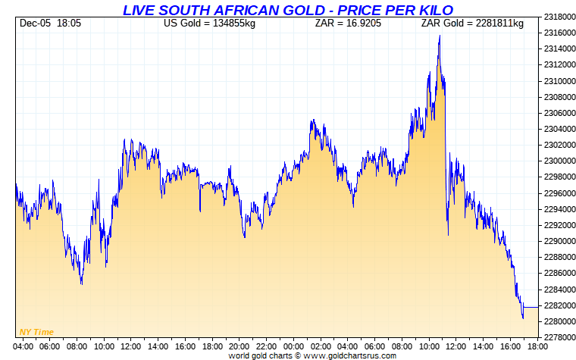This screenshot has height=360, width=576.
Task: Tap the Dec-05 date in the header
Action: point(35,23)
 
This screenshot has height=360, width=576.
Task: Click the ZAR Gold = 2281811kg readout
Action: point(472,23)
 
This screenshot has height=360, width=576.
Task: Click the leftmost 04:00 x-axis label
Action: point(23,346)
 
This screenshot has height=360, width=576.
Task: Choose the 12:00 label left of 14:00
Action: point(130,346)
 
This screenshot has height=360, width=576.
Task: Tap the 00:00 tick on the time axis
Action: point(293,346)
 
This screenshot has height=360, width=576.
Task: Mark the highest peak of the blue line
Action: point(440,36)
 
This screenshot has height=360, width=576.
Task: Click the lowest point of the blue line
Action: point(523,318)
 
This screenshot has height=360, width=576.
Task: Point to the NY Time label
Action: point(36,332)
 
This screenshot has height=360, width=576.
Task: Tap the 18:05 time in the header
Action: point(69,23)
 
